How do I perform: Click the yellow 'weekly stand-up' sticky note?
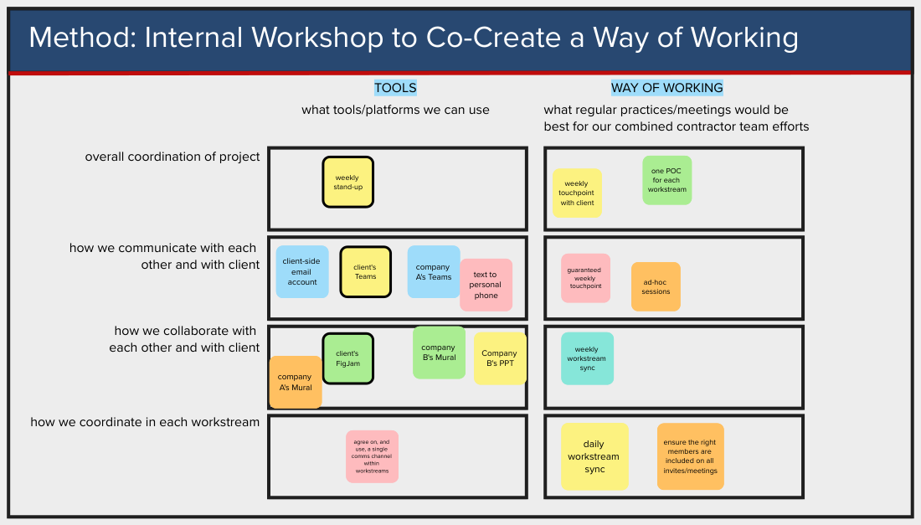click(347, 182)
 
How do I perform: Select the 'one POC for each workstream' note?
click(667, 180)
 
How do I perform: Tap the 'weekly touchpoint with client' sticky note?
click(577, 193)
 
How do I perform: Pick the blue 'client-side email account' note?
click(302, 272)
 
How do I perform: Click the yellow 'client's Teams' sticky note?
click(365, 271)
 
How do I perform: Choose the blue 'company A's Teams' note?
click(434, 271)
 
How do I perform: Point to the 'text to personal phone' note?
click(486, 285)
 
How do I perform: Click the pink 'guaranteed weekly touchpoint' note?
click(585, 278)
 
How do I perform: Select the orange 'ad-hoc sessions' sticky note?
click(656, 286)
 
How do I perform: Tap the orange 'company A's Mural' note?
click(295, 382)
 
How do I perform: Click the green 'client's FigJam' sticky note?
click(347, 358)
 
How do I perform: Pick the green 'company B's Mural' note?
click(439, 353)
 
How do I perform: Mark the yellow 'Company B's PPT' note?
click(500, 358)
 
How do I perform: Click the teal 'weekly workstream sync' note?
click(587, 358)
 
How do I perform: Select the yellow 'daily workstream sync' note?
click(594, 456)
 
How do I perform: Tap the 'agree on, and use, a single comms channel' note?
click(372, 456)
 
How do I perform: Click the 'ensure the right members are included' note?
click(691, 456)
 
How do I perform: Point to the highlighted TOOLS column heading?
click(395, 88)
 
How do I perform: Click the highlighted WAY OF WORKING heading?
click(666, 88)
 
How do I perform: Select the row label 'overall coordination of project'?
click(172, 157)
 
